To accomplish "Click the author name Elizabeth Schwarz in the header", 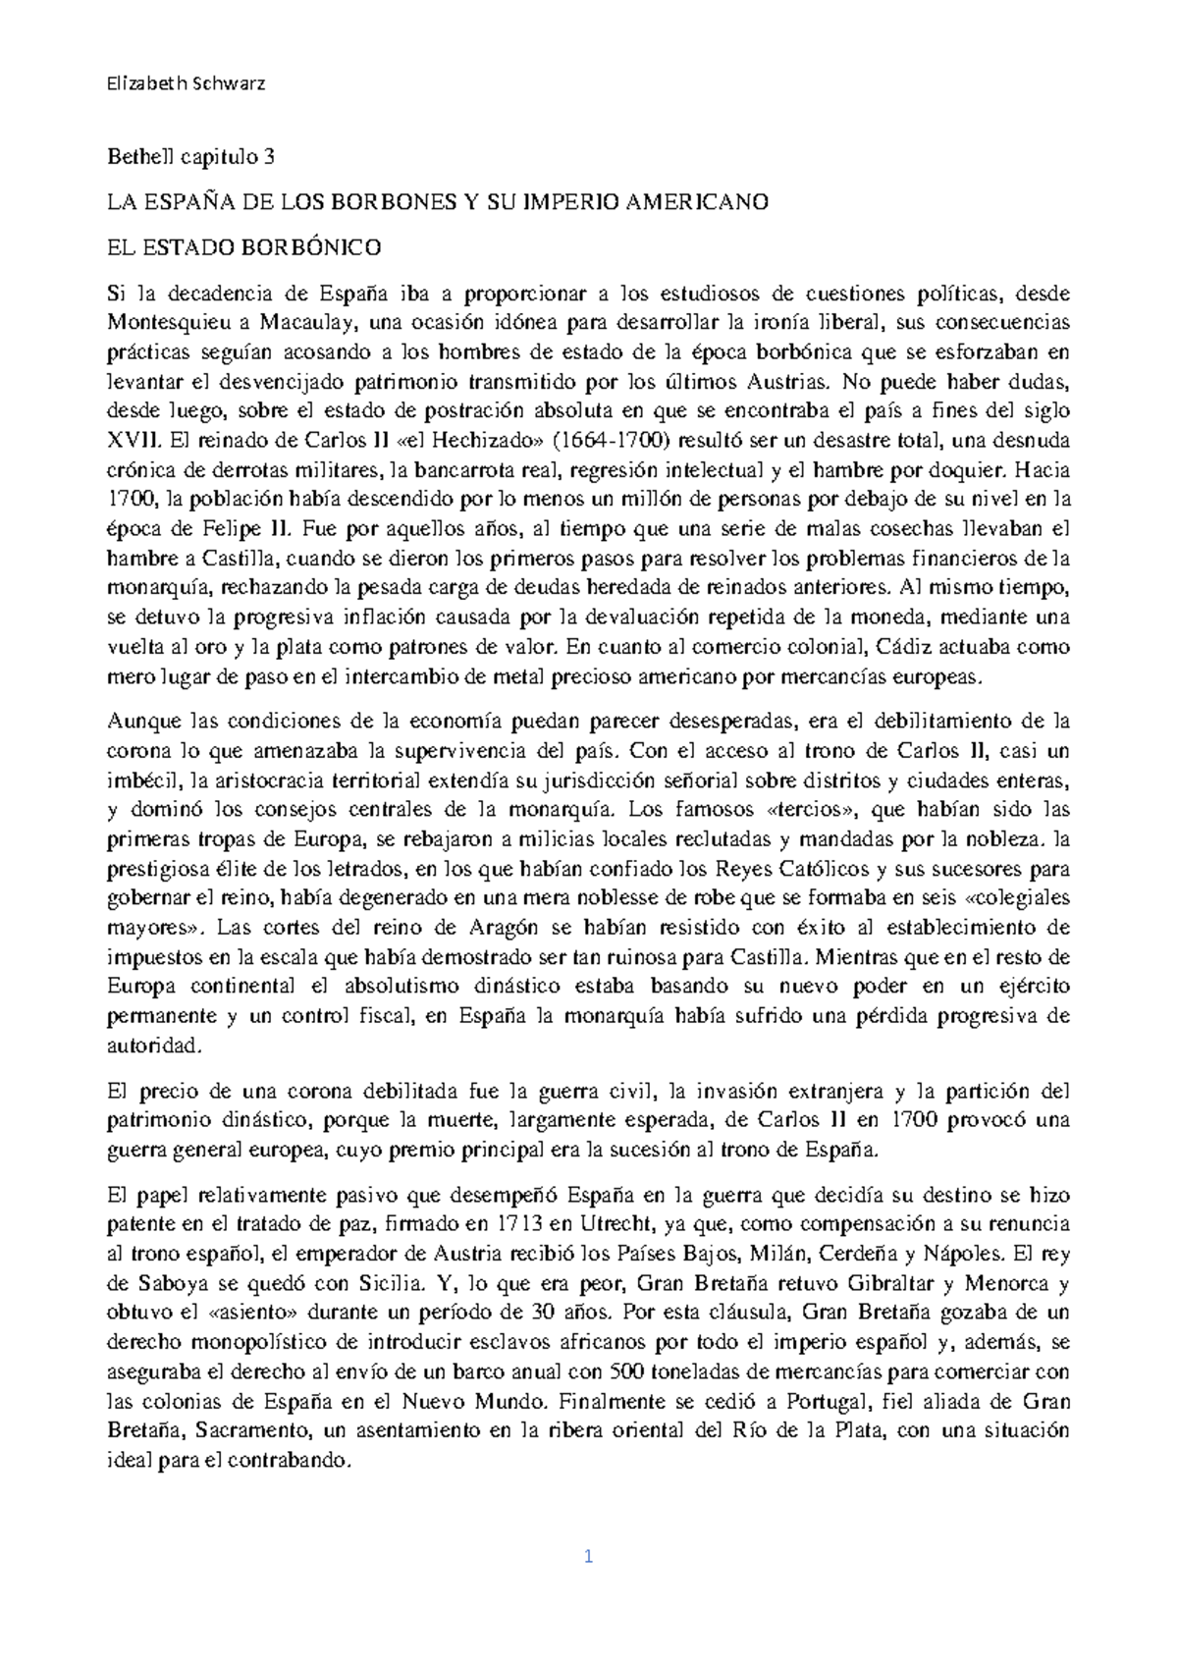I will pyautogui.click(x=185, y=83).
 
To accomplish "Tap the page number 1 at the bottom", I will pyautogui.click(x=588, y=1556).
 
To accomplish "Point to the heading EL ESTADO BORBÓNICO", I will pyautogui.click(x=243, y=247).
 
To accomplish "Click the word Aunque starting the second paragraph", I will pyautogui.click(x=144, y=722).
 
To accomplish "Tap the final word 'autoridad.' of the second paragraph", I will pyautogui.click(x=153, y=1046).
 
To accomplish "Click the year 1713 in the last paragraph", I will pyautogui.click(x=516, y=1224).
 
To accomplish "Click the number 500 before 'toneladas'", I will pyautogui.click(x=628, y=1371).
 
